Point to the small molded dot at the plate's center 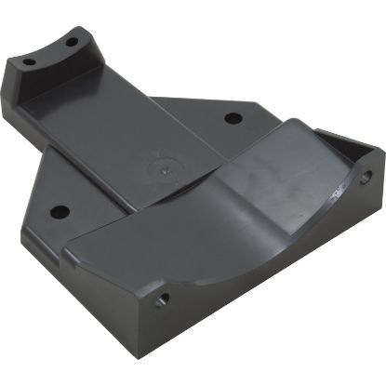tap(166, 170)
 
